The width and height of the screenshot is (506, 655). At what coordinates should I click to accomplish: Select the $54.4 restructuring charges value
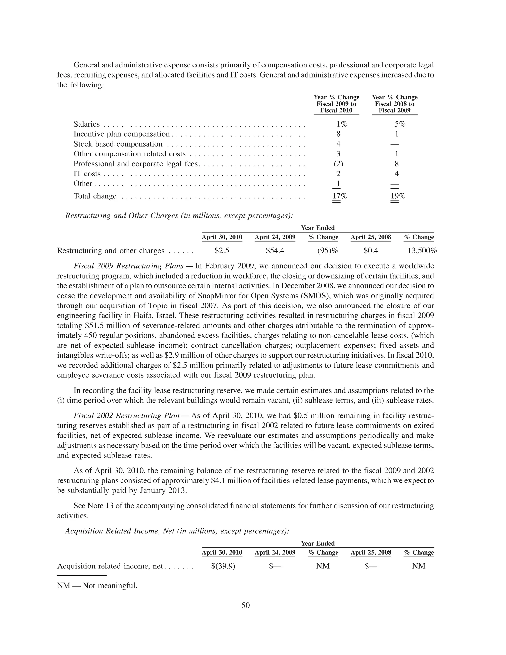tap(275, 251)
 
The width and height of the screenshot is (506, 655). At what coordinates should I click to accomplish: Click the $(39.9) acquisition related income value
tap(223, 566)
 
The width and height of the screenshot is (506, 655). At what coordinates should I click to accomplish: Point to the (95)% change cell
tap(327, 251)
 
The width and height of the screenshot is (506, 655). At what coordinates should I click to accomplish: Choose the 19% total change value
tap(398, 196)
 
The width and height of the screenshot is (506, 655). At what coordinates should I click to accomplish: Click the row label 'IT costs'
tap(87, 174)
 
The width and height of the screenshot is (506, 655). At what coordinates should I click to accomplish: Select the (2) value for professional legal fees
tap(338, 164)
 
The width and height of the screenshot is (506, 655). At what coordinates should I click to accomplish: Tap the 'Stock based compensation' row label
tap(118, 144)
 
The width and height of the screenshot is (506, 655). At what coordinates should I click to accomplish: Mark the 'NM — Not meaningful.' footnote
tap(97, 585)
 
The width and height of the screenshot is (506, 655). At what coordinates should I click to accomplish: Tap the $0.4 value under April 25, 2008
tap(371, 251)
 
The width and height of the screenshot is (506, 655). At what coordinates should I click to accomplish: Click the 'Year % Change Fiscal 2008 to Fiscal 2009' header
tap(395, 104)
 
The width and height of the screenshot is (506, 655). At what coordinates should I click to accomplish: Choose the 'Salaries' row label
tap(87, 124)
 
